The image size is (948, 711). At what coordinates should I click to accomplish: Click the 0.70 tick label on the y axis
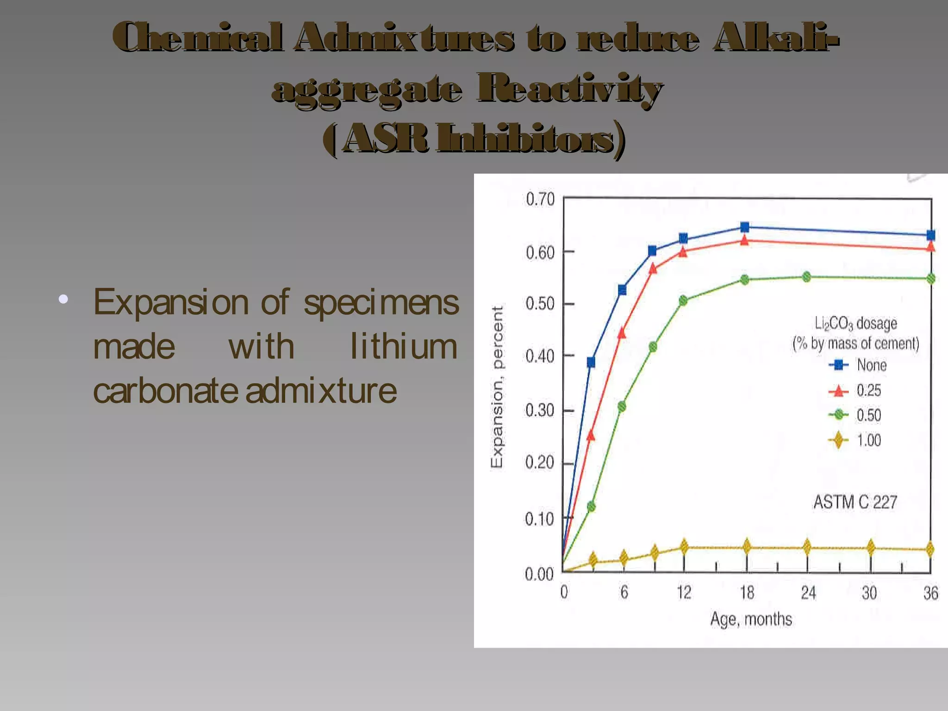coord(540,200)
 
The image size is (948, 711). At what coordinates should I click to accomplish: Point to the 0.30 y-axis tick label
coord(539,411)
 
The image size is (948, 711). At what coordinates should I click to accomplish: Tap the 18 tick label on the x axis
coord(747,593)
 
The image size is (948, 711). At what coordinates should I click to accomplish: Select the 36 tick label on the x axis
coord(930,593)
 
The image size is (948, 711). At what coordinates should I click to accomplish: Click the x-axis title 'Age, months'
coord(751,619)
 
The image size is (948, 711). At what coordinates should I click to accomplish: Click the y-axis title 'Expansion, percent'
coord(497,387)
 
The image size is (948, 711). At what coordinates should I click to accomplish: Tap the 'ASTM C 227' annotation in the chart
coord(855,502)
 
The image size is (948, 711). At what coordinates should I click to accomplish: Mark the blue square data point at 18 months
coord(745,227)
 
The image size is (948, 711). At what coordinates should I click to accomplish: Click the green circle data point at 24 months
coord(806,277)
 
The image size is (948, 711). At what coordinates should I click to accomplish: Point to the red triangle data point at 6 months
coord(622,333)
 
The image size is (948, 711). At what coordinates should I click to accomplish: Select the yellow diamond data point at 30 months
coord(871,548)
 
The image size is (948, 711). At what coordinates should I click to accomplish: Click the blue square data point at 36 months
coord(930,235)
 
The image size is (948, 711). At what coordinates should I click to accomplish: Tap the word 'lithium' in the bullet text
coord(403,347)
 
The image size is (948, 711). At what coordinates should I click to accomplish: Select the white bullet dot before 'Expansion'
coord(63,299)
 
